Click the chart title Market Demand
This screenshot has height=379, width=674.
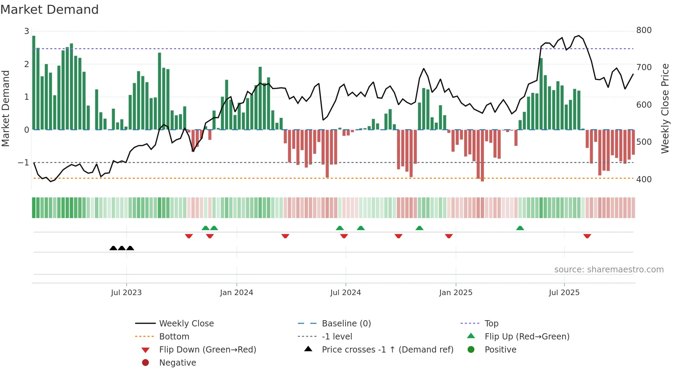point(50,9)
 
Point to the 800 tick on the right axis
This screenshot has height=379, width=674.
point(644,30)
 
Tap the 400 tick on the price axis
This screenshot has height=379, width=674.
point(644,179)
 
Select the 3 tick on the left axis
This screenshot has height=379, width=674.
point(26,31)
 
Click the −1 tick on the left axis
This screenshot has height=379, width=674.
point(24,162)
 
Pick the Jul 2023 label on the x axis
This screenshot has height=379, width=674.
point(126,292)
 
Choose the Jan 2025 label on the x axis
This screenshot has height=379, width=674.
point(456,292)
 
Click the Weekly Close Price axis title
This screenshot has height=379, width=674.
point(665,108)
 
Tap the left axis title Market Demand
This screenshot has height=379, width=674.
point(6,108)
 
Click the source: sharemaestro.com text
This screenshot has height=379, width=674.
point(609,269)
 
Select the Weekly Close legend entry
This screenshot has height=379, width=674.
point(186,323)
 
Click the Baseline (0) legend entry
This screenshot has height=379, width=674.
point(346,323)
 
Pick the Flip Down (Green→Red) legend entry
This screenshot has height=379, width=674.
point(207,349)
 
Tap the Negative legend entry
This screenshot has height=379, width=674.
point(177,362)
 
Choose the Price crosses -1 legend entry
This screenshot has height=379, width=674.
point(387,349)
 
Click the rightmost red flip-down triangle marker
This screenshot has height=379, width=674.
point(587,236)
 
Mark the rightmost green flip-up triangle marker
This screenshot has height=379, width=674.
point(520,228)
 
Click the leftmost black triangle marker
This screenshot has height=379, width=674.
point(113,248)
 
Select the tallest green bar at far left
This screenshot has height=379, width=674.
point(34,83)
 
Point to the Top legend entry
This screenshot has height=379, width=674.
point(491,323)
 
